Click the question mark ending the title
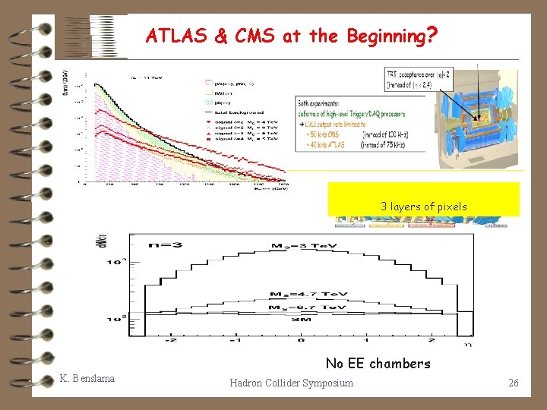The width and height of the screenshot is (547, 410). coord(431,35)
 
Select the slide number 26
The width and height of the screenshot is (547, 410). coord(514,383)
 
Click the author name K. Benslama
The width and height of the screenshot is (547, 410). coord(87,378)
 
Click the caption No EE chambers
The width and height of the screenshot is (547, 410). coord(378,364)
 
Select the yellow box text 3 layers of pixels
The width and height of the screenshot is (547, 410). coord(424,207)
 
